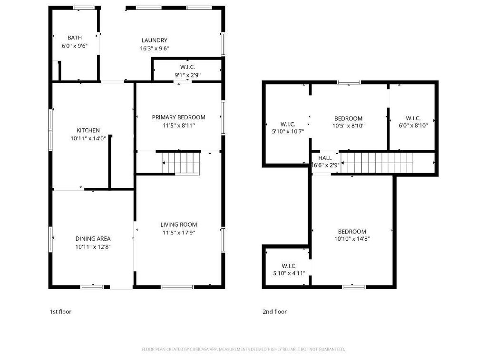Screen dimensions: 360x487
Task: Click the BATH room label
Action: (x=75, y=38)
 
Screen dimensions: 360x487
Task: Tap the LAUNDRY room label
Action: (x=155, y=40)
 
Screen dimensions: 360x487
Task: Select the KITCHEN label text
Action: (x=88, y=130)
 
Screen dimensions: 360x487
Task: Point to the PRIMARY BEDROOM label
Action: (x=178, y=117)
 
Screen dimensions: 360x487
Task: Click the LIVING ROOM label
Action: (x=178, y=224)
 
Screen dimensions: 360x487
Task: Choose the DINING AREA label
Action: (x=93, y=239)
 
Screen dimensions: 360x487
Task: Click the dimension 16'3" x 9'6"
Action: (x=155, y=49)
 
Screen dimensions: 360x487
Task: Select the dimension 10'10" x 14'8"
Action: (x=352, y=239)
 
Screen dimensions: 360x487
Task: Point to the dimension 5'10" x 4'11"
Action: (x=289, y=273)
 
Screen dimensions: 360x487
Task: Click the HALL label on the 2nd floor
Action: (x=325, y=158)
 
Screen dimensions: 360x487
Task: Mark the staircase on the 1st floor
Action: (x=181, y=163)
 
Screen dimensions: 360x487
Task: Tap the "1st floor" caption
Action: (x=60, y=312)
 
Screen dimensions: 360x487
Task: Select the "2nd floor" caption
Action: (x=274, y=312)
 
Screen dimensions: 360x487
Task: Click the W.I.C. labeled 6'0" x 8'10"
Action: (x=413, y=118)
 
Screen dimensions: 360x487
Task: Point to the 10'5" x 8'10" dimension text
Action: (x=348, y=126)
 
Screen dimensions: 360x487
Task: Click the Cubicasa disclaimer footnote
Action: (x=243, y=350)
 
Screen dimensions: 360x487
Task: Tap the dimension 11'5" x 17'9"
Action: (x=178, y=233)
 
